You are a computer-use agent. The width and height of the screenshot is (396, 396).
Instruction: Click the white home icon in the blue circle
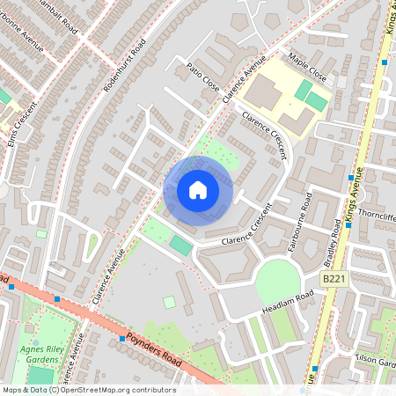click(x=198, y=190)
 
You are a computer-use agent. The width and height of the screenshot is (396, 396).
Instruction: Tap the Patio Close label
click(x=203, y=77)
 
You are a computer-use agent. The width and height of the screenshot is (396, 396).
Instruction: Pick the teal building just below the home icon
click(x=180, y=244)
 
